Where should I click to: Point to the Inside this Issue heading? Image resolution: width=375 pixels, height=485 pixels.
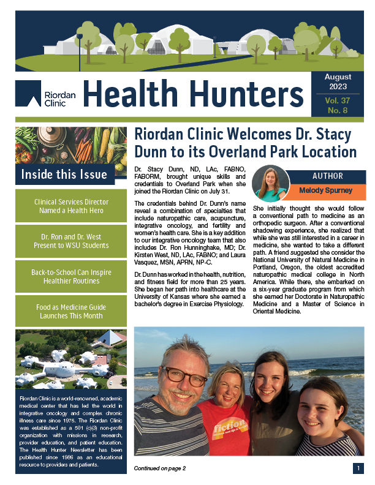click(64, 175)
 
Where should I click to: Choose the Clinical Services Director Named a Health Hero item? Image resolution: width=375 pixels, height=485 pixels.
click(70, 206)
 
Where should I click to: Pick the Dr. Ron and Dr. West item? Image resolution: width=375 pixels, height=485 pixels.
click(70, 241)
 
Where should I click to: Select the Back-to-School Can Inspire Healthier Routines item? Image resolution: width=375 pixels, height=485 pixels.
click(70, 276)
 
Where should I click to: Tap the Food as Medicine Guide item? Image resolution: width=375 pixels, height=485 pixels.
click(70, 311)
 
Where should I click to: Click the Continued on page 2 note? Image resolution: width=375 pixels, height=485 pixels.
click(160, 468)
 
